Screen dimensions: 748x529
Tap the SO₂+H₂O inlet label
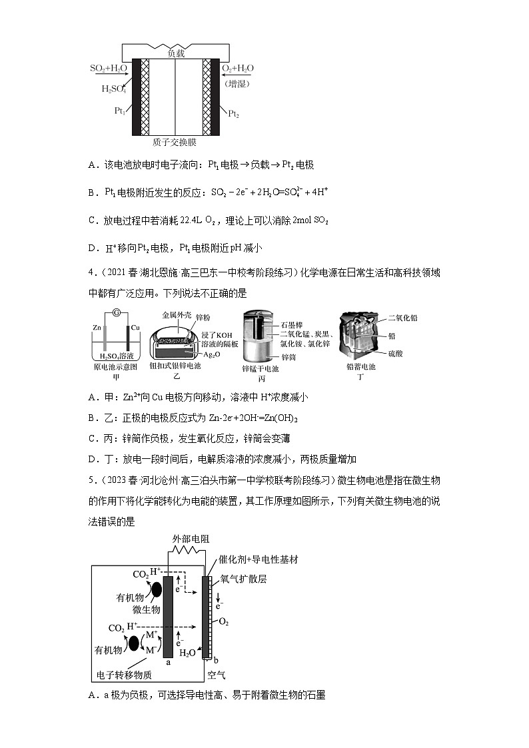109,69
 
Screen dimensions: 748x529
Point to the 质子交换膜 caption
175,142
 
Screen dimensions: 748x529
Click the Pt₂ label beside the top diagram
234,115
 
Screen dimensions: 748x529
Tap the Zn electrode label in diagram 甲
97,328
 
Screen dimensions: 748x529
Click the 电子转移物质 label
125,674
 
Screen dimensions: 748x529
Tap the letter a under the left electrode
168,662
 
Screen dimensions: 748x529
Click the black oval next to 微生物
157,590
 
